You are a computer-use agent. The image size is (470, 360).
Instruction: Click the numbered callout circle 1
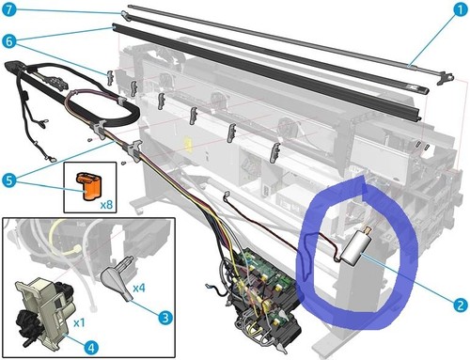click(459, 10)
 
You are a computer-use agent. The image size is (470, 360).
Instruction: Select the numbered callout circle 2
click(460, 305)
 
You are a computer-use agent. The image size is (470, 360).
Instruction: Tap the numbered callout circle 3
click(165, 317)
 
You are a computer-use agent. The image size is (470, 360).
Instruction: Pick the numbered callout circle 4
click(91, 347)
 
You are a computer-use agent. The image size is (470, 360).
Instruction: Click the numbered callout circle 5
click(9, 180)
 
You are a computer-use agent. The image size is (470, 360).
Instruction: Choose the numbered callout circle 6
click(9, 41)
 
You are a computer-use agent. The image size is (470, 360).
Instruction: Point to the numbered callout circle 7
click(9, 9)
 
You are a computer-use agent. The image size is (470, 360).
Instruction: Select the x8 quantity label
click(106, 205)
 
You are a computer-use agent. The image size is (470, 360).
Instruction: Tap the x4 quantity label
click(139, 288)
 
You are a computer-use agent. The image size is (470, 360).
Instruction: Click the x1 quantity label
click(79, 322)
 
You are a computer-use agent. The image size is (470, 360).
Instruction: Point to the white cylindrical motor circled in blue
click(355, 248)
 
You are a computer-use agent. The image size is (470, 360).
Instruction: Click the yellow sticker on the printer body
click(188, 143)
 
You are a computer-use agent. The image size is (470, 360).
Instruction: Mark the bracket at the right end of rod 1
click(445, 78)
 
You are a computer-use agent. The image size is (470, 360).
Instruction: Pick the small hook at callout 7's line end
click(125, 15)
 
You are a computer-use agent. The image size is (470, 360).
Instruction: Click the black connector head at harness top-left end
click(13, 66)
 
